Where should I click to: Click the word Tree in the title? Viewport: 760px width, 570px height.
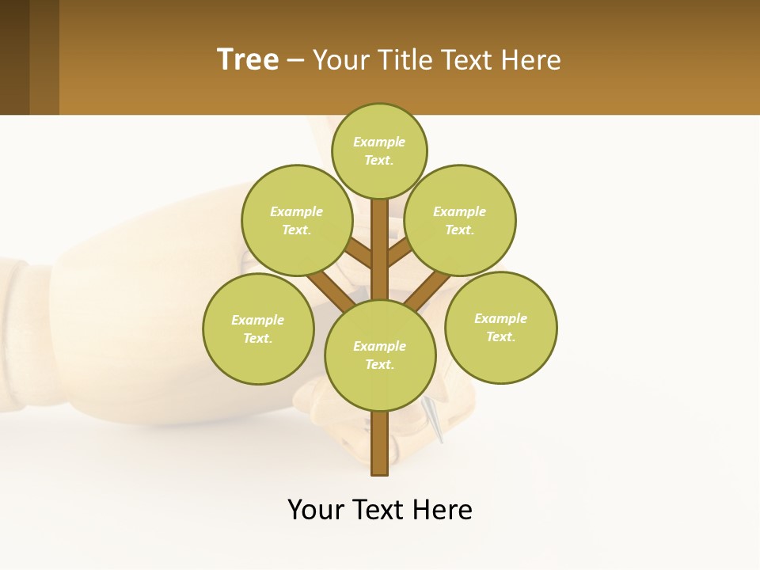(x=248, y=60)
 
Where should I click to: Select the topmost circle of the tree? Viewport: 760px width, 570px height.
(x=379, y=150)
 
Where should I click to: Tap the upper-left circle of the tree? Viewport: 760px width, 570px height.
(x=296, y=220)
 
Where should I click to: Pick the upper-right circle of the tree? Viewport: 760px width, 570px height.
(x=460, y=220)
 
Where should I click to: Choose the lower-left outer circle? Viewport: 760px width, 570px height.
(x=258, y=329)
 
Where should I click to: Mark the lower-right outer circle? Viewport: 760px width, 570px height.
(x=500, y=327)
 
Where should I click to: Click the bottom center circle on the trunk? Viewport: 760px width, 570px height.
(x=380, y=355)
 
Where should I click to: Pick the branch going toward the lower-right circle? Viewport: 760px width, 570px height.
(x=427, y=291)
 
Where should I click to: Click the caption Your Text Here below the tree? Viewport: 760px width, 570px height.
(x=380, y=510)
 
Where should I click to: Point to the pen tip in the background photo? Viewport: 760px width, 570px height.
(x=438, y=431)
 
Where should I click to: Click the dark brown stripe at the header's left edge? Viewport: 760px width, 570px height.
(x=14, y=57)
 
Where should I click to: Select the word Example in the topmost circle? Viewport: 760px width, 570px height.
(x=379, y=142)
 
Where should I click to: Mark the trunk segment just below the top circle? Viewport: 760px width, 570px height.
(x=380, y=218)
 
